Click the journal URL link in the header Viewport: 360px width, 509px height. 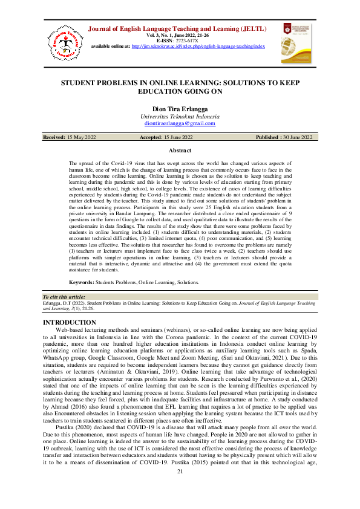(198, 46)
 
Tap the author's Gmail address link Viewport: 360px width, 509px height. (180, 123)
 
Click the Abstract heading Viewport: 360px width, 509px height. (180, 151)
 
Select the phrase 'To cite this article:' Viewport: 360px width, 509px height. (65, 297)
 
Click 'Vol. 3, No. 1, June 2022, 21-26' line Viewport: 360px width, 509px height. (180, 35)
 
